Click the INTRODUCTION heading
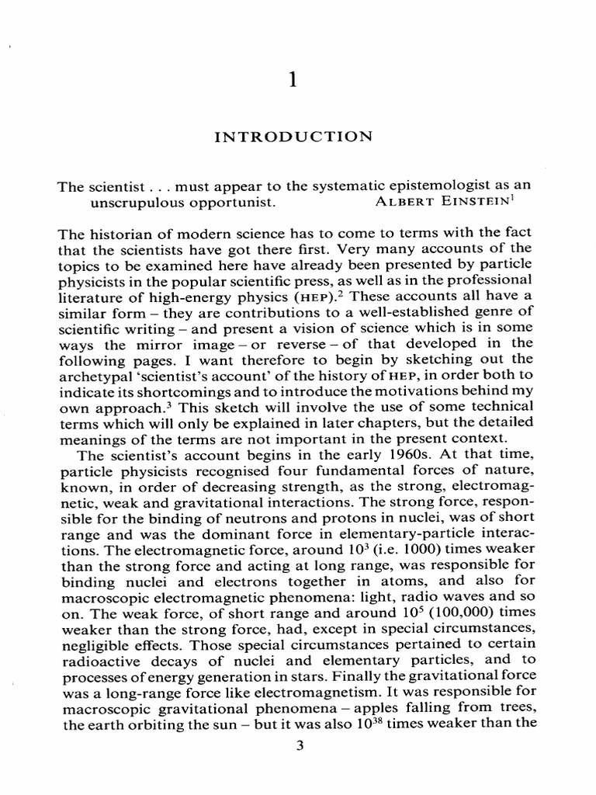(282, 137)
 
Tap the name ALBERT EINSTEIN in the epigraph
(439, 203)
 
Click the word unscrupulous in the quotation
(131, 203)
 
